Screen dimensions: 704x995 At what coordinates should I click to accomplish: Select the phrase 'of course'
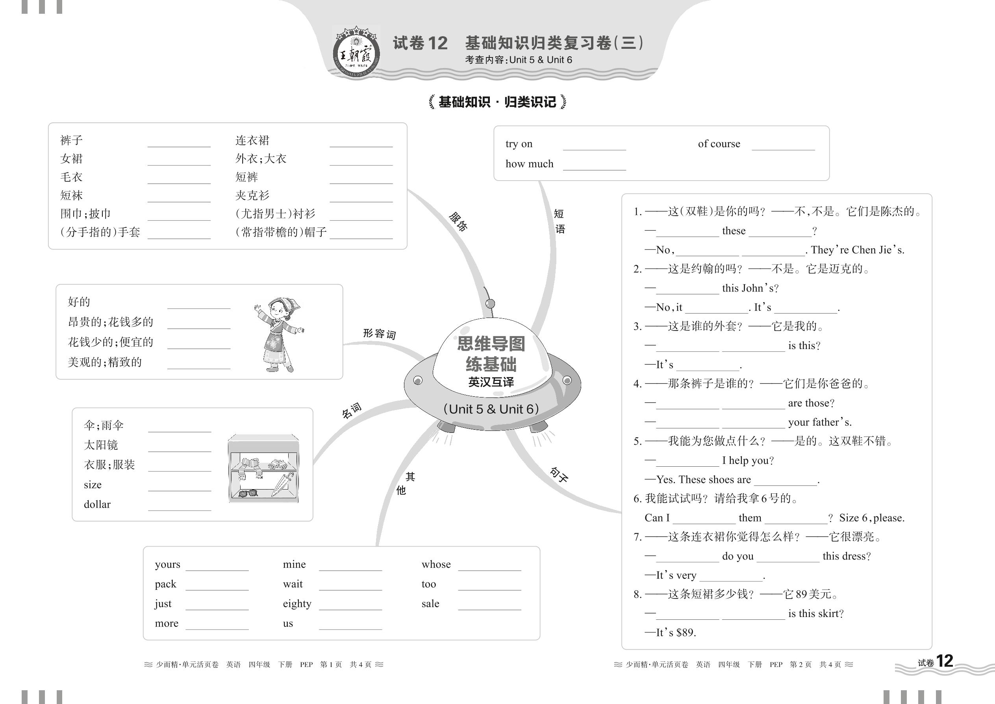point(719,144)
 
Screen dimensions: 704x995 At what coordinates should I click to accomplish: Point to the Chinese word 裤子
point(72,140)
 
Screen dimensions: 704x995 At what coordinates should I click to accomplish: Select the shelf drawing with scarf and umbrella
point(263,469)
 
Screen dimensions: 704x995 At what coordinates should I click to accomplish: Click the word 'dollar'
point(97,504)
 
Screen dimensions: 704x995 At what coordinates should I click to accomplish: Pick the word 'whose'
point(436,564)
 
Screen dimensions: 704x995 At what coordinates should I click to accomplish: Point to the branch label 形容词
point(379,333)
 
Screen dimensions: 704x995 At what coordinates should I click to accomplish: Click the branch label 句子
point(559,475)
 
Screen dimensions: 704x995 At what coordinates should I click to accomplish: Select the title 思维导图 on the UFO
point(491,344)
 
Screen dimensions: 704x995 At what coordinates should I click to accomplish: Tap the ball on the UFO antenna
point(490,303)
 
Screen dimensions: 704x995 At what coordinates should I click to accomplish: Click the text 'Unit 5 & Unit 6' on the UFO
point(491,409)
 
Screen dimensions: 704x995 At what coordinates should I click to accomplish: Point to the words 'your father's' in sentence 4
point(819,422)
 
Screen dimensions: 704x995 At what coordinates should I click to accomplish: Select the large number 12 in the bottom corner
point(944,661)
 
